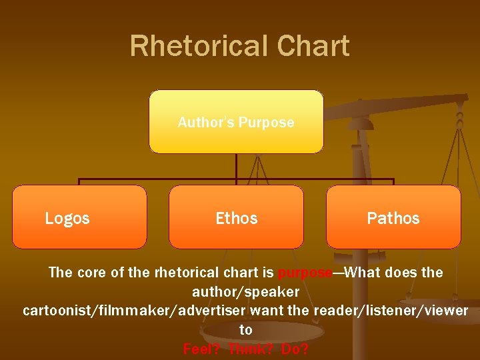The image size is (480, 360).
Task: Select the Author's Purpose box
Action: point(236,122)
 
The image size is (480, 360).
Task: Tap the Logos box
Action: point(79,217)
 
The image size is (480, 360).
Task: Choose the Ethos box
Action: point(236,217)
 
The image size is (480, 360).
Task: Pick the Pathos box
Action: point(393,217)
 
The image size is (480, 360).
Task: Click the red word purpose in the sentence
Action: point(305,273)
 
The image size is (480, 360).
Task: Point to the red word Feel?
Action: point(202,349)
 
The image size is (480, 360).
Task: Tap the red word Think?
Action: point(251,349)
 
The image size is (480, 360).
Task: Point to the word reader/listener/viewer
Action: point(391,311)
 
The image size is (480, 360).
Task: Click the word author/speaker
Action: point(245,292)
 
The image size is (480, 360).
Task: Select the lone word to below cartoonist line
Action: point(246,330)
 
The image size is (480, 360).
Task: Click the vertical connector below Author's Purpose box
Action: point(236,167)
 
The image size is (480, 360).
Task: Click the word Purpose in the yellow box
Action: point(266,122)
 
